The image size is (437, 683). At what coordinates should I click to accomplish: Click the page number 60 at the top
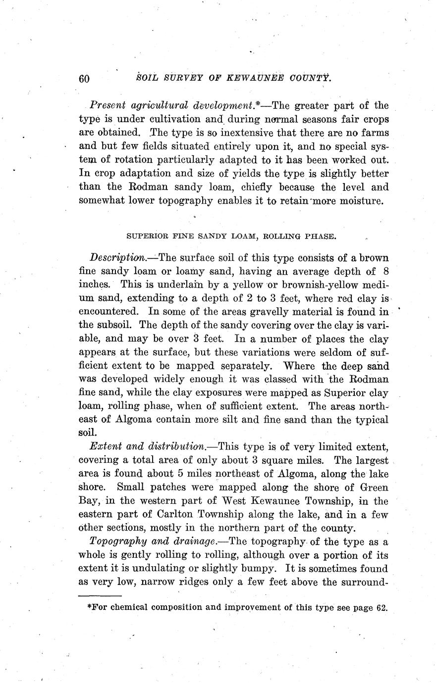pos(84,79)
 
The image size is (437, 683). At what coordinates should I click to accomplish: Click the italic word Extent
pos(104,446)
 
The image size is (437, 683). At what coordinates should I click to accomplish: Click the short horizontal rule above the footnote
pos(100,595)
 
